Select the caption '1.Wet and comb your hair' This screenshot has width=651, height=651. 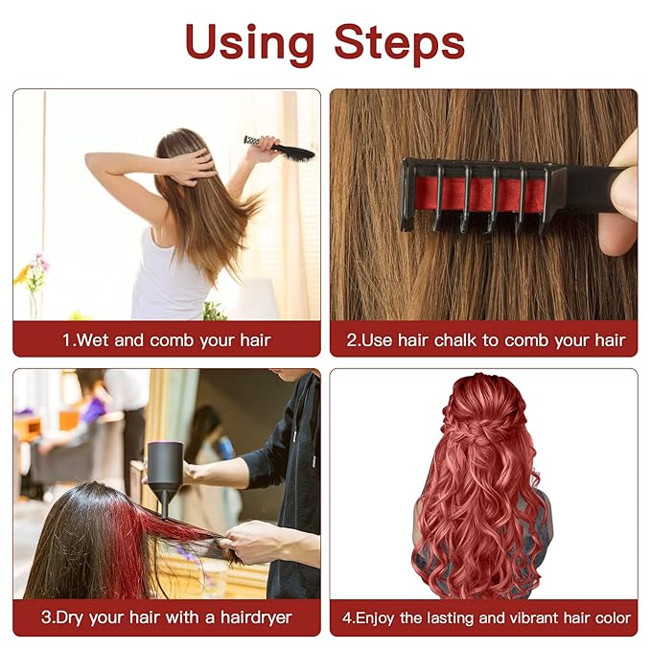[x=167, y=339]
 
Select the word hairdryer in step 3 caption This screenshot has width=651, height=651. [x=250, y=616]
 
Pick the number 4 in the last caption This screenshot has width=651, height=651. [x=348, y=617]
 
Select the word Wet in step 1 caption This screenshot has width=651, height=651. [x=94, y=339]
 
